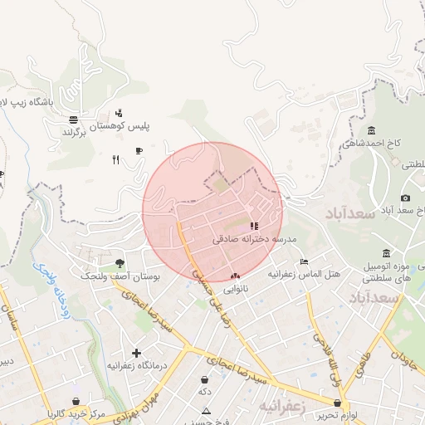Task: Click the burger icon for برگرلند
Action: [73, 119]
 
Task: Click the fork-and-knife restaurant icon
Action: [116, 160]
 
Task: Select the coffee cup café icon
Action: [139, 150]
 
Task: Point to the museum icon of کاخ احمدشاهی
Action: [370, 130]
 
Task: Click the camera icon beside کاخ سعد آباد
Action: [405, 198]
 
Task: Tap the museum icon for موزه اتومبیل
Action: [386, 252]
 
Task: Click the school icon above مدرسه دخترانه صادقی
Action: [253, 225]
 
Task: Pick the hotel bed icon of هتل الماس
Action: [303, 261]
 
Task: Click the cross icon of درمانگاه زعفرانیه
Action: [136, 353]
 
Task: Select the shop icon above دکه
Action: [204, 379]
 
